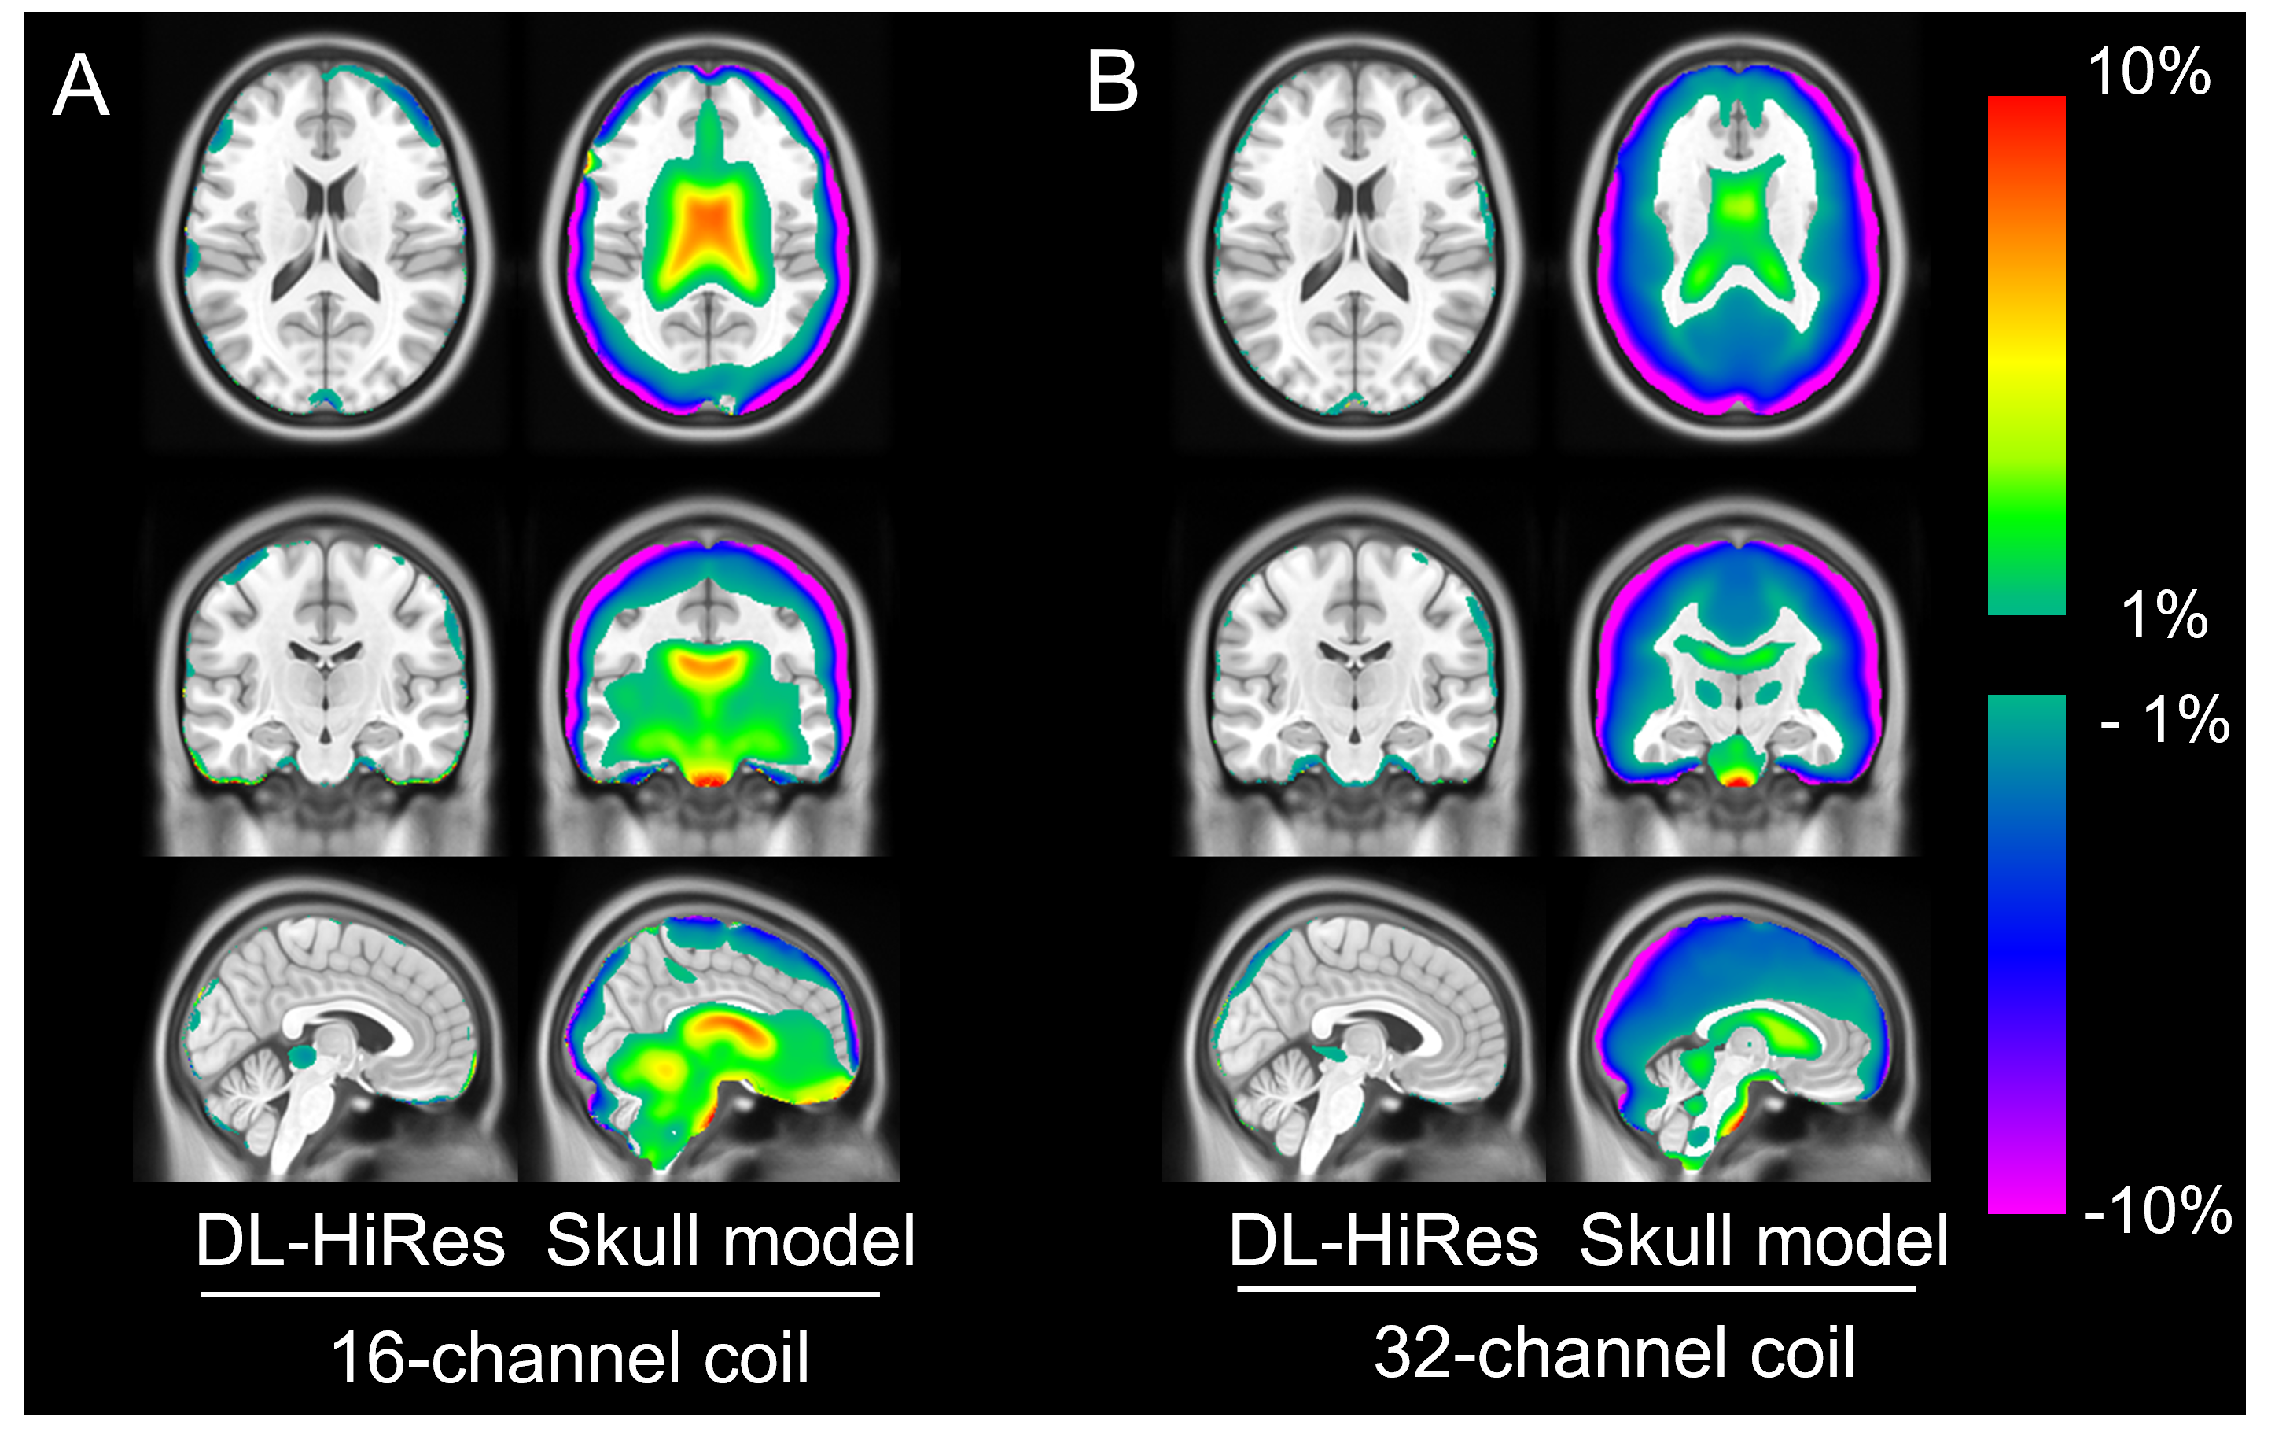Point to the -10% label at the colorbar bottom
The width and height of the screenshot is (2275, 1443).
click(x=2158, y=1209)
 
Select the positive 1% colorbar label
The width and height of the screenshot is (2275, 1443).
click(x=2163, y=614)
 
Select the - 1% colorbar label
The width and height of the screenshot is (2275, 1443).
click(x=2164, y=720)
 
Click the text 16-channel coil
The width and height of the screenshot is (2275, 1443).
click(x=569, y=1358)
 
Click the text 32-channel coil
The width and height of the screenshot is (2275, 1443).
click(x=1614, y=1353)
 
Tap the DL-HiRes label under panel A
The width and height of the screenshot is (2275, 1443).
click(x=350, y=1241)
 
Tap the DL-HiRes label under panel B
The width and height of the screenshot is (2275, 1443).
click(x=1382, y=1241)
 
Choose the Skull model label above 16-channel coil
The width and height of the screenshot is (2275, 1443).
click(x=731, y=1241)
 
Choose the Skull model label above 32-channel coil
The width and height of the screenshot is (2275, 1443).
click(x=1763, y=1241)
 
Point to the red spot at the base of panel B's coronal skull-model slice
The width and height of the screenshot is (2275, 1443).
click(x=1737, y=780)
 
